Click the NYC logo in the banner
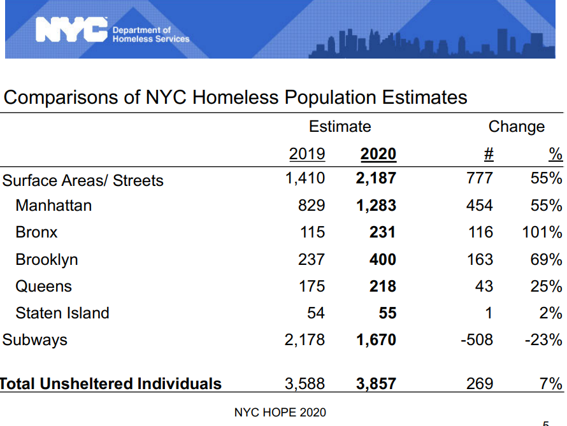click(71, 30)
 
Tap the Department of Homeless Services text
click(151, 34)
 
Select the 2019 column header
click(307, 154)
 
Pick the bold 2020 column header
click(378, 154)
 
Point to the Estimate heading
click(340, 127)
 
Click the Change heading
click(517, 127)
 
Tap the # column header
click(489, 154)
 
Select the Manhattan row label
click(54, 205)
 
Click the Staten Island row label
click(62, 313)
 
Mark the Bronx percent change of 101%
click(542, 232)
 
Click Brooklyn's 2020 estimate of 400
click(383, 259)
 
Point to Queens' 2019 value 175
click(312, 286)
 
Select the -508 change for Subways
click(477, 339)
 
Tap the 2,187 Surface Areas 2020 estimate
click(376, 178)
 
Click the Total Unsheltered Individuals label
click(111, 384)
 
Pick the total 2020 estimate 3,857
click(376, 384)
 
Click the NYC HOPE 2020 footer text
click(280, 412)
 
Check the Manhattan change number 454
click(480, 205)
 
